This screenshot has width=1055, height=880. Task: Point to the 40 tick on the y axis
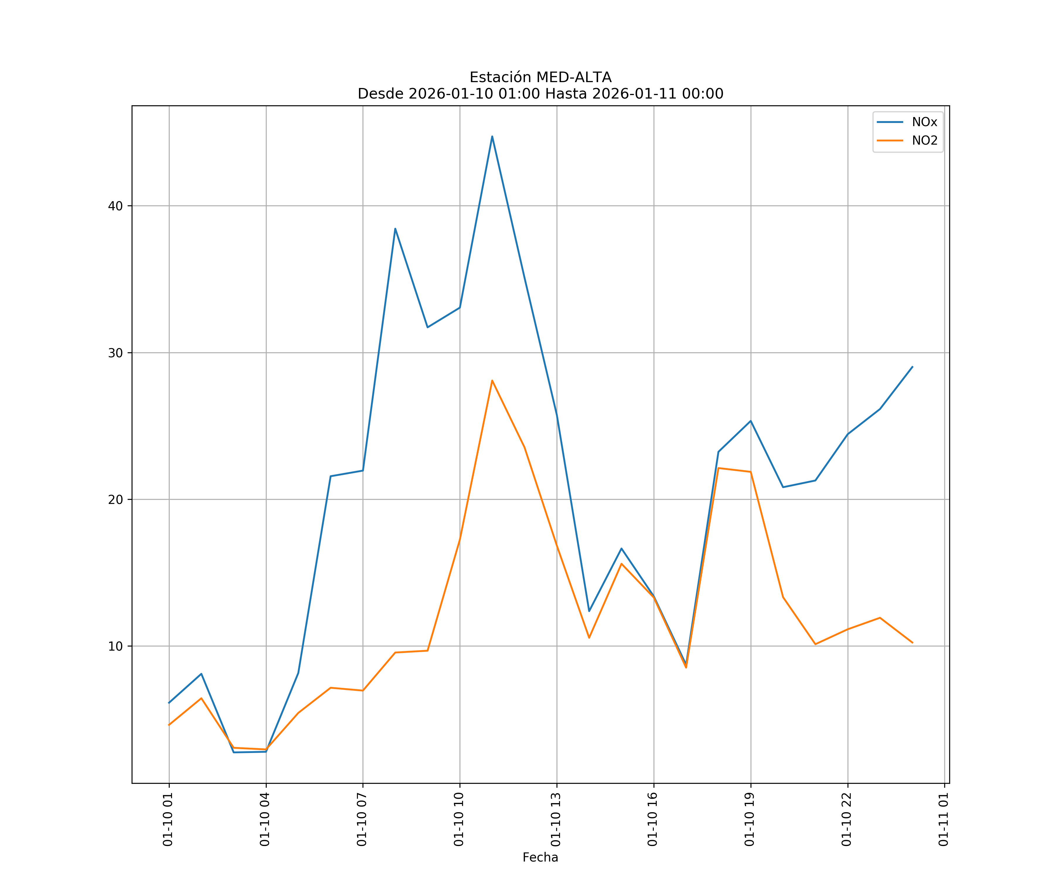pyautogui.click(x=115, y=206)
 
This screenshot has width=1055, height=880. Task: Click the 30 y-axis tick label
pyautogui.click(x=115, y=353)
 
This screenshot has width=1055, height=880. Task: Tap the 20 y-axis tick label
pyautogui.click(x=115, y=499)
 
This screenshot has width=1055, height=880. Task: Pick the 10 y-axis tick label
pyautogui.click(x=115, y=646)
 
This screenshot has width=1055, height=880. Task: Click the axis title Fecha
pyautogui.click(x=540, y=857)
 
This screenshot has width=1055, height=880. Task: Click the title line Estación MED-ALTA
pyautogui.click(x=540, y=77)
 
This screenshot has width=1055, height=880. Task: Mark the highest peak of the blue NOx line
pyautogui.click(x=492, y=136)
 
